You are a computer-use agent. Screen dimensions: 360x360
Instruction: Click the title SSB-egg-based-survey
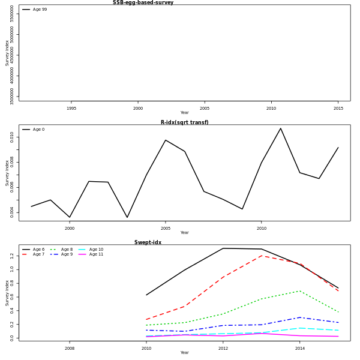[143, 2]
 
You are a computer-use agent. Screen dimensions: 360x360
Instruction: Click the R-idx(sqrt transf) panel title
[184, 122]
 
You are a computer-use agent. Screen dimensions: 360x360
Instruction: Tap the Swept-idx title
[148, 242]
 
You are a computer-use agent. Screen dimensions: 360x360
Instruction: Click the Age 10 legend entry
[97, 250]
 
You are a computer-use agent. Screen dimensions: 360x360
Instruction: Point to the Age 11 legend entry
[97, 254]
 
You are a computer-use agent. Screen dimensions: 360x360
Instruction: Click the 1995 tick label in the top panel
[71, 109]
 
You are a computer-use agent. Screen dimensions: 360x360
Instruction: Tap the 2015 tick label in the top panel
[338, 109]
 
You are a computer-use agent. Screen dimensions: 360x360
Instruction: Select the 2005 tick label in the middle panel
[166, 229]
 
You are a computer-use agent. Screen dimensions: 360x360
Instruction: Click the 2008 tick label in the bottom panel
[70, 349]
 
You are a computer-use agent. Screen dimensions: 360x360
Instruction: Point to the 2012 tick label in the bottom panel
[223, 349]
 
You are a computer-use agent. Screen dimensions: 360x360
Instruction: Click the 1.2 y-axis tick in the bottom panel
[12, 256]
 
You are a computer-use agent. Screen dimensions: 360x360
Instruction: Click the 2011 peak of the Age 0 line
[280, 128]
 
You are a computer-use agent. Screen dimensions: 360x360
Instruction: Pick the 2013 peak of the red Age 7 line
[262, 256]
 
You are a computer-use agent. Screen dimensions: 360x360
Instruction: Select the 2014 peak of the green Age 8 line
[300, 291]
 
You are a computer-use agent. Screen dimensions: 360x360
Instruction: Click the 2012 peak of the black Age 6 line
[223, 248]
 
